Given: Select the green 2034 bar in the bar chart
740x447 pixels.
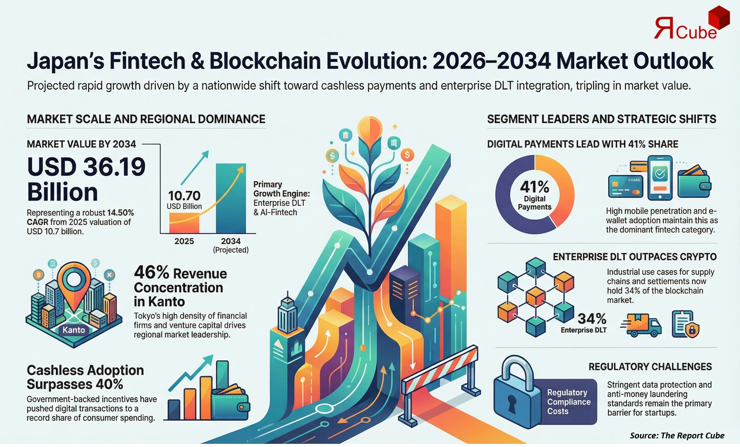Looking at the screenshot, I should [231, 198].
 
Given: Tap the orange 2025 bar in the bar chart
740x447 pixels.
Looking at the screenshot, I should [184, 222].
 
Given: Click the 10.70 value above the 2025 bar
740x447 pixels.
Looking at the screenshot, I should [184, 196].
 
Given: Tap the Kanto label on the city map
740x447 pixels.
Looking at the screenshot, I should [74, 330].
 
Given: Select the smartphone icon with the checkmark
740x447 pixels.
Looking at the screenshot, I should [660, 177].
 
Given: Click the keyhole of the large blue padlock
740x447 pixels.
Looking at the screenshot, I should [511, 403].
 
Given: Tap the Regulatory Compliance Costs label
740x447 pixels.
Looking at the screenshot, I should [568, 402].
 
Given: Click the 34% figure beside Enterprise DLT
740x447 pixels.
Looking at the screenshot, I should [591, 319].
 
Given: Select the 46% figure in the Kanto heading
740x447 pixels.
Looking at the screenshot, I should [151, 272].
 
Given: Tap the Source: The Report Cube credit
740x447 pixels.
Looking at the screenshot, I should [677, 435].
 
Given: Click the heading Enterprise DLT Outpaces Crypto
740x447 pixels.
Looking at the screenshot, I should [635, 257].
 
